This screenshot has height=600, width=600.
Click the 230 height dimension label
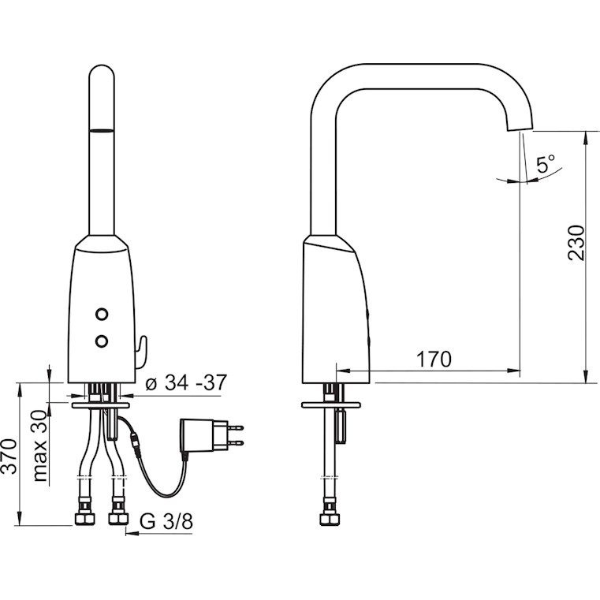click(576, 244)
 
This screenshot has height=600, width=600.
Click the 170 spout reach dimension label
click(434, 359)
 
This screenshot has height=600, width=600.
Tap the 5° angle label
click(546, 163)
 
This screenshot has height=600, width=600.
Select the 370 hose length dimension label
click(9, 457)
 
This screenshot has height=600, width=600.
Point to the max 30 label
click(39, 445)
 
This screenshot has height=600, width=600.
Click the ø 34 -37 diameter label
click(186, 382)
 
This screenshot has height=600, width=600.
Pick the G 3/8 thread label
click(166, 521)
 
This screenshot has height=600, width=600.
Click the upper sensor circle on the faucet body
click(102, 314)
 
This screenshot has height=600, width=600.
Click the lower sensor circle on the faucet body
click(102, 341)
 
